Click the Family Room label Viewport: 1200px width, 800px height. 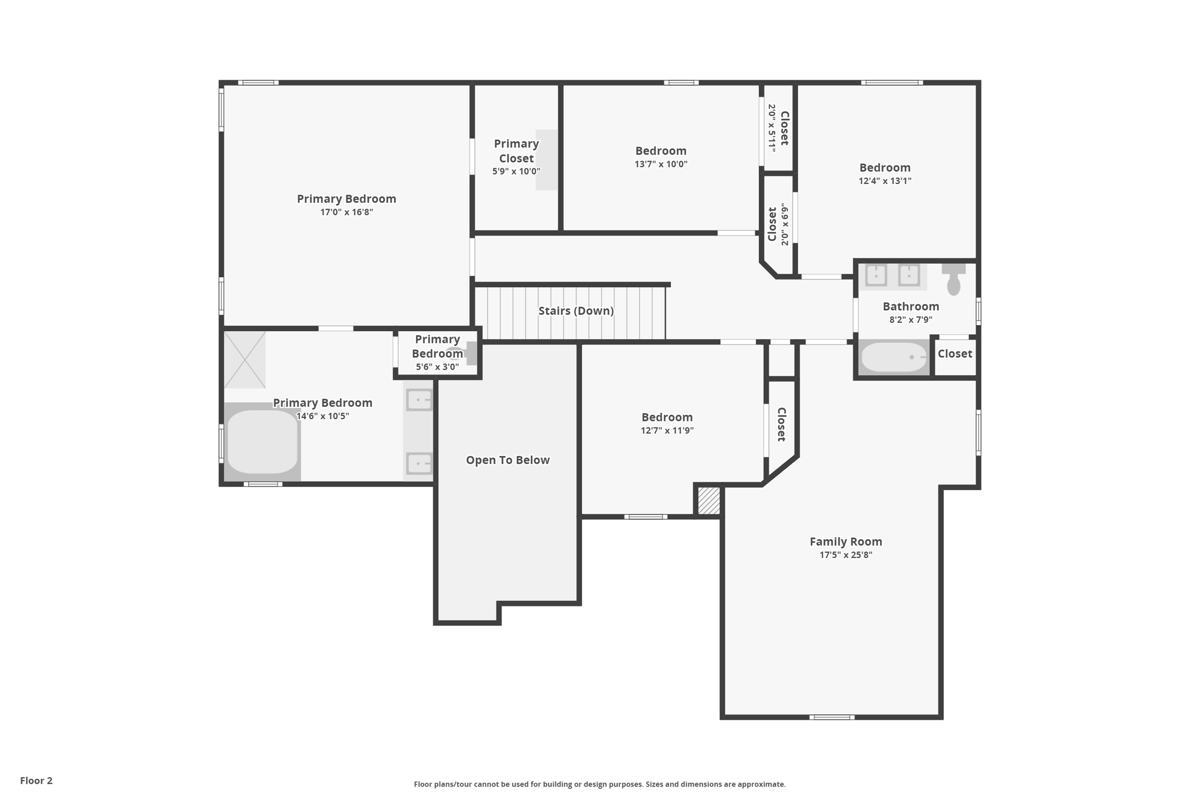pos(846,542)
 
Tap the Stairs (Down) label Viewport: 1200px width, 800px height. pos(576,311)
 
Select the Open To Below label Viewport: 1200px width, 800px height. pos(507,460)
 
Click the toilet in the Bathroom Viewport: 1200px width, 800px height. pos(953,279)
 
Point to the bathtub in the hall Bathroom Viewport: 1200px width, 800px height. pos(894,357)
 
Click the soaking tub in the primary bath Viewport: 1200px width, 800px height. pos(262,442)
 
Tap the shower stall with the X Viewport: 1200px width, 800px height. pos(245,360)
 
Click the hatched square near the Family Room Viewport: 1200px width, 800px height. pos(708,501)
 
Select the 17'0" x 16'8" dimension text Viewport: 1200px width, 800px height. pos(346,212)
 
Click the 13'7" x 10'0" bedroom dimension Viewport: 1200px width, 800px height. pos(661,164)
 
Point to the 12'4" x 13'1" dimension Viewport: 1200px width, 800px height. pos(885,181)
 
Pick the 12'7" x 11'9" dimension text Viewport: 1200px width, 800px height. pos(667,431)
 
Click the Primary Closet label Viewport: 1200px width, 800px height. pos(516,151)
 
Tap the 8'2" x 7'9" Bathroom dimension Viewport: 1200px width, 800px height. pos(911,320)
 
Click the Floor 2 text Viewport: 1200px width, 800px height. pos(36,781)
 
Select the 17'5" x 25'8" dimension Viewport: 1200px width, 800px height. pos(846,555)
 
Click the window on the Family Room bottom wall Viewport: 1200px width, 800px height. pos(832,717)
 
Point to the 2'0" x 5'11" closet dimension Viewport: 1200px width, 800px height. pos(772,128)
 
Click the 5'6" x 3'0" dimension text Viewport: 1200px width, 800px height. pos(437,367)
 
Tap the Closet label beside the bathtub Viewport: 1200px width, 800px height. pos(954,353)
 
